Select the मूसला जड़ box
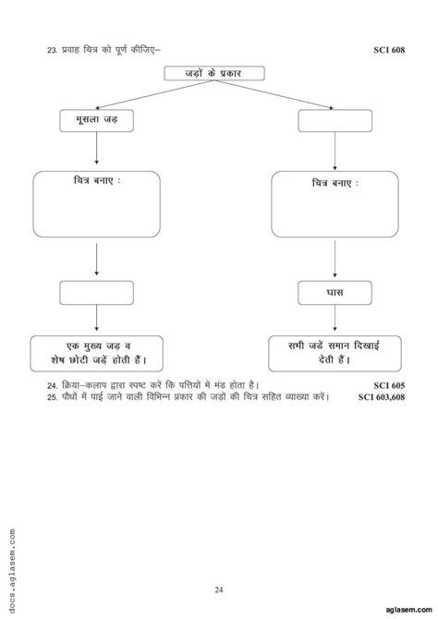(97, 120)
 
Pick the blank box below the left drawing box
(97, 293)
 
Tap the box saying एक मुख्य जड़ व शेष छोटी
(97, 352)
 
